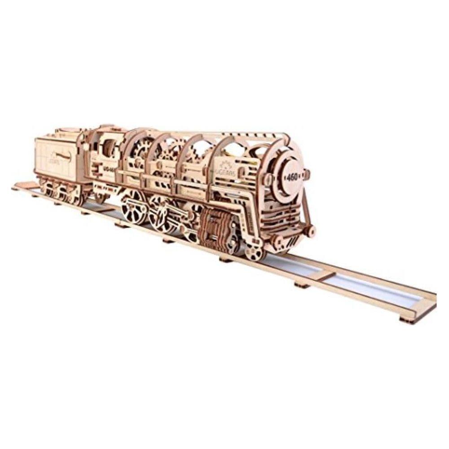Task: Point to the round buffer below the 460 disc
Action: pyautogui.click(x=308, y=230)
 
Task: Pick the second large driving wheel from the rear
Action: pyautogui.click(x=161, y=214)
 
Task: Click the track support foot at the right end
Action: pyautogui.click(x=406, y=319)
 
